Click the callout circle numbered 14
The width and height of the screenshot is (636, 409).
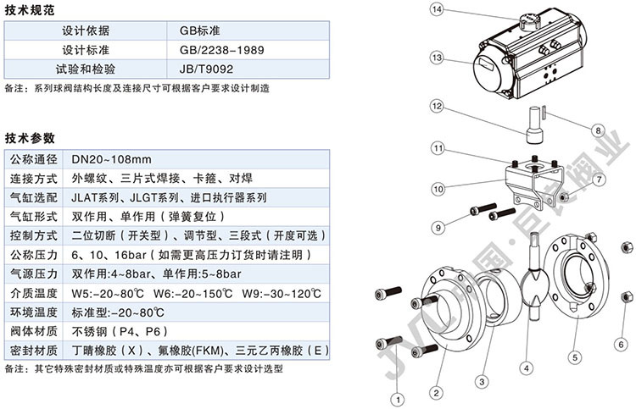tap(438, 10)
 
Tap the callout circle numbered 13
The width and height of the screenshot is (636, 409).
tap(438, 58)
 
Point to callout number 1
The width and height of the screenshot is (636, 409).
tap(396, 395)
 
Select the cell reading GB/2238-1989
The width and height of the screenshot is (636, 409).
tap(221, 49)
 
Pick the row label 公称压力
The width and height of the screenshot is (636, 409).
tap(33, 253)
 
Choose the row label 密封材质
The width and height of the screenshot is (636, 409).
tap(33, 350)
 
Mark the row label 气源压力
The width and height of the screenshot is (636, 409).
tap(33, 274)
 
